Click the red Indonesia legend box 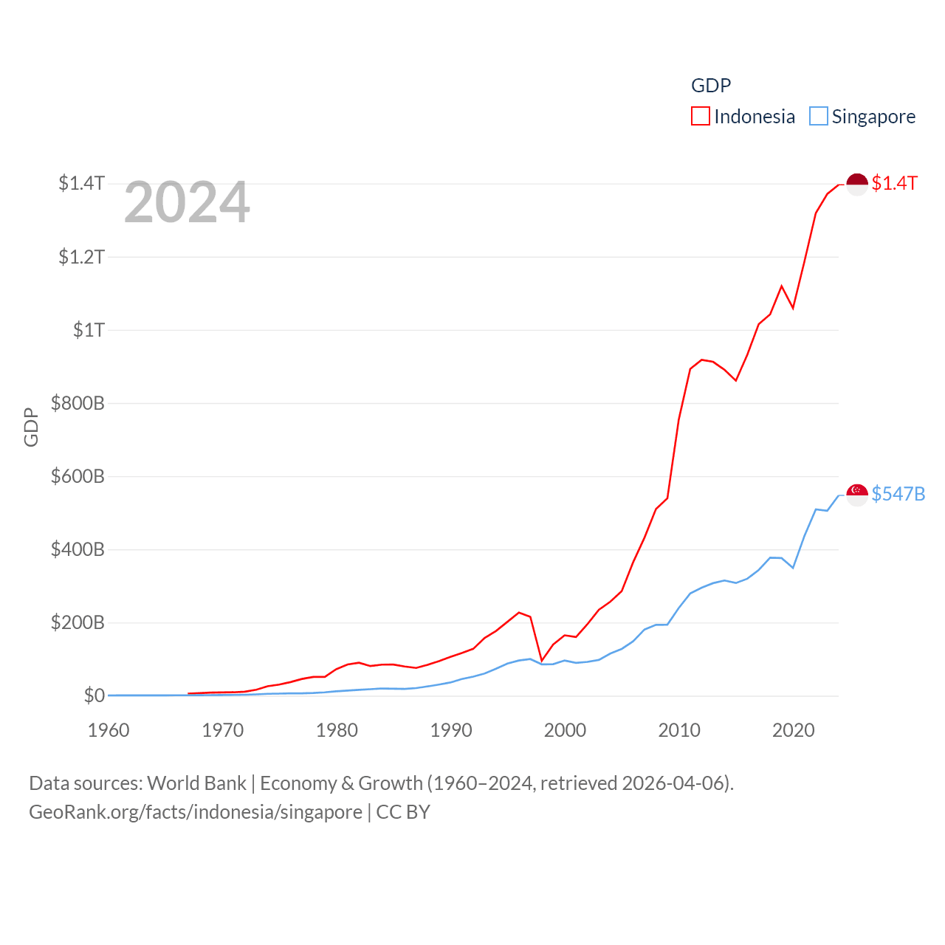tap(700, 117)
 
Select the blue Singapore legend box tap(818, 117)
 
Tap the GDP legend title tap(711, 86)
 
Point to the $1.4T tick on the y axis tap(81, 183)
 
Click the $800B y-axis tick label tap(78, 403)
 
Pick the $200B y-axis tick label tap(78, 622)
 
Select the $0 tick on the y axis tap(94, 695)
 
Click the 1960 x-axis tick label tap(109, 730)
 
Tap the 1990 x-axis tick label tap(451, 730)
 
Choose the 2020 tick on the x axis tap(793, 730)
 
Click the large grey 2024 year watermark tap(187, 202)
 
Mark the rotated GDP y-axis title tap(31, 427)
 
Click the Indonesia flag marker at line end tap(856, 184)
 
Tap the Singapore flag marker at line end tap(856, 495)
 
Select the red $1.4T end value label tap(894, 183)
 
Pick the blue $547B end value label tap(898, 494)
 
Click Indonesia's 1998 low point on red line tap(542, 660)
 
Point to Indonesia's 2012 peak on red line tap(701, 360)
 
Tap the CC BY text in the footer tap(403, 812)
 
